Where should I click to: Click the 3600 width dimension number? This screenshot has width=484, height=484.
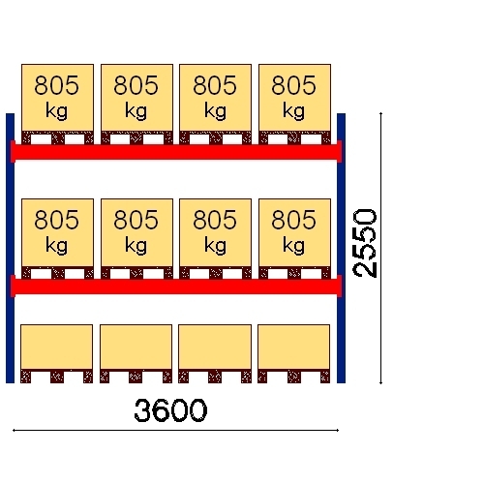[170, 410]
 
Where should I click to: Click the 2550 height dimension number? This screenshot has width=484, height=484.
[365, 243]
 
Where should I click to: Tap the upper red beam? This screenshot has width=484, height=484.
[176, 152]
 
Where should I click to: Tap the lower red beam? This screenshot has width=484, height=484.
[176, 287]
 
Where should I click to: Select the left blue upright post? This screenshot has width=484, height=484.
[10, 248]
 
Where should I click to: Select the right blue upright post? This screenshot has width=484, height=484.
[341, 248]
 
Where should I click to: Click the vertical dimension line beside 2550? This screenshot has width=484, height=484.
[380, 248]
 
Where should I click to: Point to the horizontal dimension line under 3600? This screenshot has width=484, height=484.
[175, 430]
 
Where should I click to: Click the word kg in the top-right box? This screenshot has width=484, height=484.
[293, 111]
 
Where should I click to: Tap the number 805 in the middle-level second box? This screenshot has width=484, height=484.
[136, 220]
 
